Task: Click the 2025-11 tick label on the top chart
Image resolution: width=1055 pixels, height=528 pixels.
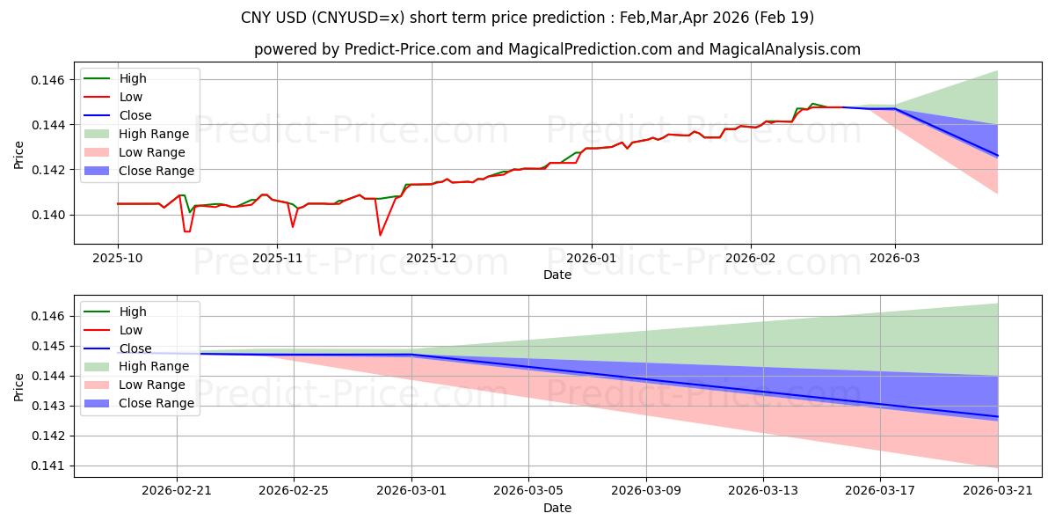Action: [278, 259]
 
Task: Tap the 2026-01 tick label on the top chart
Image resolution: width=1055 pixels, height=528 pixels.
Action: [591, 259]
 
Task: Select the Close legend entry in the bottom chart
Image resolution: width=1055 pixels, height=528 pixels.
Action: [135, 348]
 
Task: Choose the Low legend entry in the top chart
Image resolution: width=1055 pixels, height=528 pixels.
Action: [131, 97]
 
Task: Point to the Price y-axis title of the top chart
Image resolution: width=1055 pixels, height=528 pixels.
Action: [19, 154]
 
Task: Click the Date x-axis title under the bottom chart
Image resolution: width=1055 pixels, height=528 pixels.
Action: [557, 508]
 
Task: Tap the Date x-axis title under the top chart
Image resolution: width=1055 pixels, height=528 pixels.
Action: [557, 275]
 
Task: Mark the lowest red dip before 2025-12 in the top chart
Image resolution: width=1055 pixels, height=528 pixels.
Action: [380, 235]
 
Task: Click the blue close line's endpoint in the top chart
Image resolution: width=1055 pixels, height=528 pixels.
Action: [998, 156]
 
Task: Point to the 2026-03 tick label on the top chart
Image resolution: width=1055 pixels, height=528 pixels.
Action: [895, 259]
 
